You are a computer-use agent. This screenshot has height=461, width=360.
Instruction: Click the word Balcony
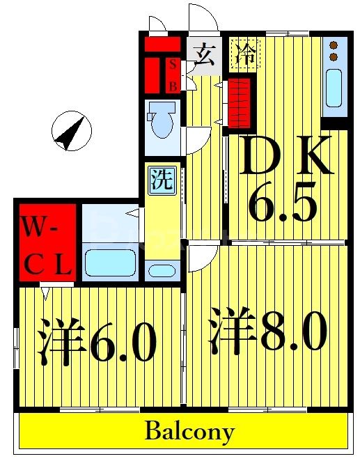189,432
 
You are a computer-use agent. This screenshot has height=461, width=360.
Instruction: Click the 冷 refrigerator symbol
245,54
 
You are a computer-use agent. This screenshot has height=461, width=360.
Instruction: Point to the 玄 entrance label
204,54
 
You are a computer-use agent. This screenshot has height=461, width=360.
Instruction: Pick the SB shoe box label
173,75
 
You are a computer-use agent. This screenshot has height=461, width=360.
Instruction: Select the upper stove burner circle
334,45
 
